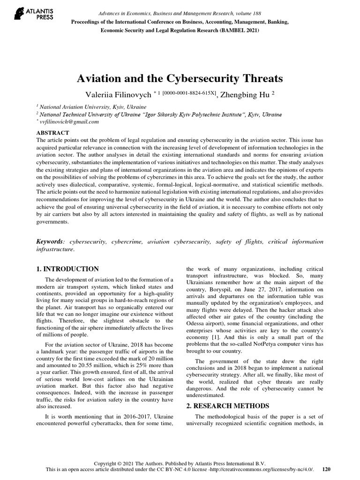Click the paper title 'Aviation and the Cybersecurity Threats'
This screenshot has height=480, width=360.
(x=180, y=78)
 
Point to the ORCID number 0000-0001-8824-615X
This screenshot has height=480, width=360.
(x=189, y=93)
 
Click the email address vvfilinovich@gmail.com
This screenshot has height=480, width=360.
(x=69, y=122)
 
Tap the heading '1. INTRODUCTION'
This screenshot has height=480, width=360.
(x=67, y=269)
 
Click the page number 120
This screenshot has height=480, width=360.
(x=327, y=469)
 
